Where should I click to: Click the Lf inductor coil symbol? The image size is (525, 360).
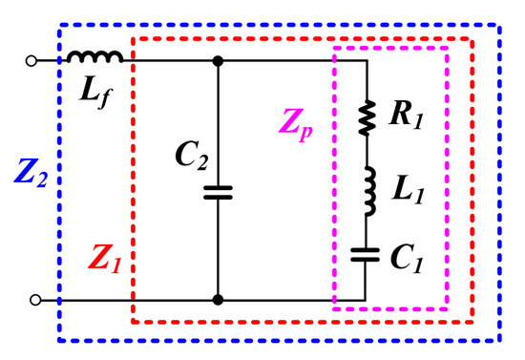[94, 58]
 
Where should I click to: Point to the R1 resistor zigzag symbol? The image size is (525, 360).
[367, 119]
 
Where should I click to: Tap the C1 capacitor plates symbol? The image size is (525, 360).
[367, 253]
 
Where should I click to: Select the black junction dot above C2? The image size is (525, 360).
[219, 61]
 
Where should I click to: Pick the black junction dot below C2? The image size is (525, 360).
[219, 300]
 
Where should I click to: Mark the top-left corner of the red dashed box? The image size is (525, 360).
[133, 39]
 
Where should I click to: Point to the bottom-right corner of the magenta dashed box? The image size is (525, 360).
[448, 309]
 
